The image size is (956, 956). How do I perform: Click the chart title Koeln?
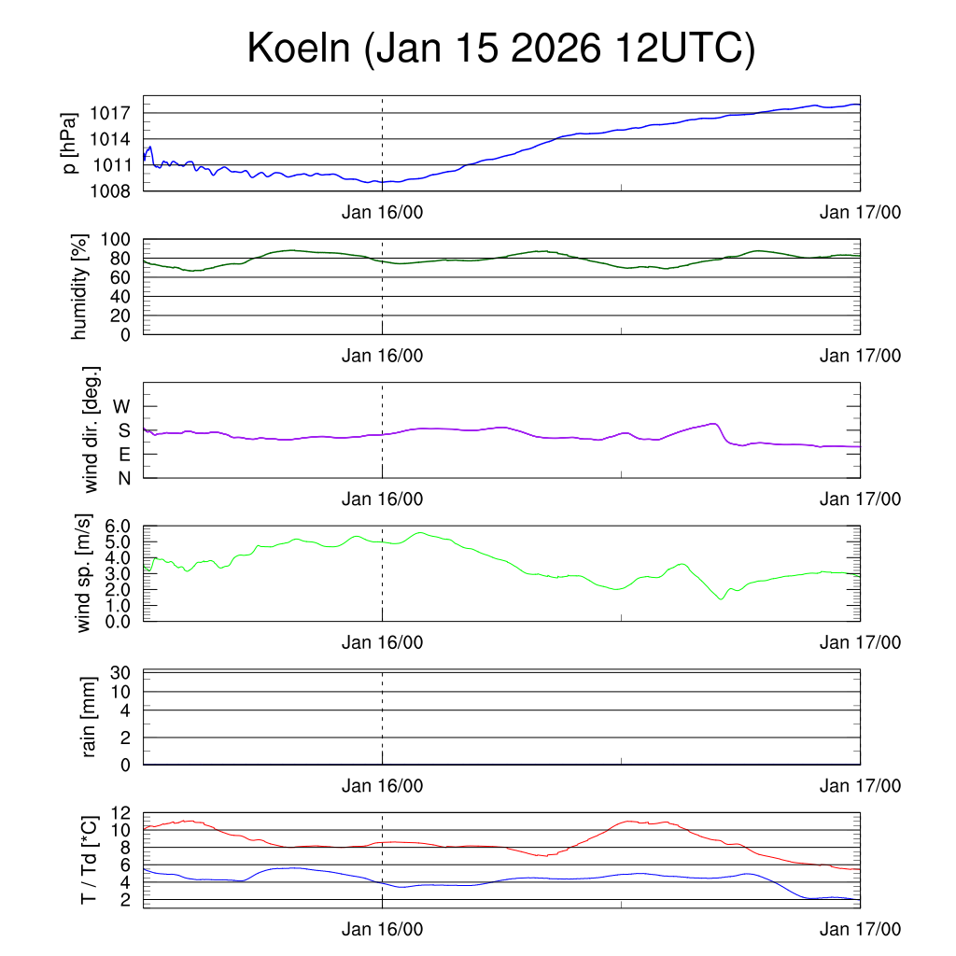[x=299, y=49]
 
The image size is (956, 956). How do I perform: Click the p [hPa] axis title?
[x=69, y=143]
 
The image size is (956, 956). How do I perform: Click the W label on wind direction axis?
[x=122, y=407]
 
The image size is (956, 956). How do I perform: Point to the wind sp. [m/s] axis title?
[x=84, y=573]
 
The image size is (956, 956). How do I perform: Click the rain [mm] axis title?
[x=90, y=717]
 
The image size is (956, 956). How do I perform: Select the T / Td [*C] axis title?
[x=90, y=859]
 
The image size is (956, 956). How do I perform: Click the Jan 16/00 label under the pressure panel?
[x=382, y=213]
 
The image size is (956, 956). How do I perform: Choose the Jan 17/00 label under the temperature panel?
[x=860, y=929]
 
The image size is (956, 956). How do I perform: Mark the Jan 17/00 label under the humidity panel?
[x=860, y=356]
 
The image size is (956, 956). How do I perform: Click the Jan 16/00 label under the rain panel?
[x=382, y=786]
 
